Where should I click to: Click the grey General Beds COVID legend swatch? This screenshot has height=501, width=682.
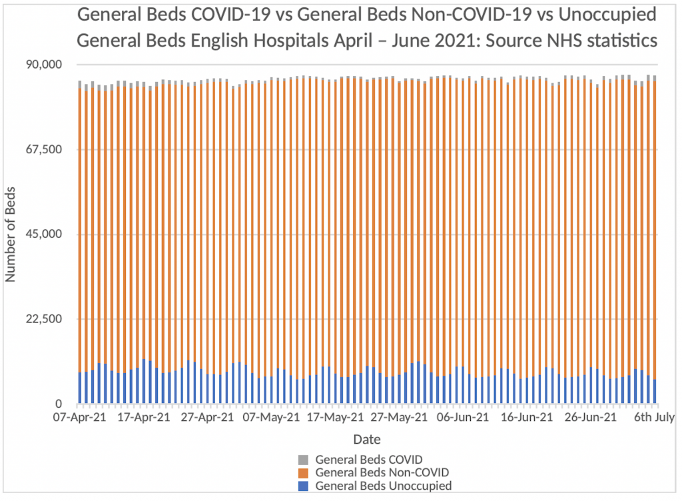(303, 460)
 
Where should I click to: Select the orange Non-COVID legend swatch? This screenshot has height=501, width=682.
(303, 473)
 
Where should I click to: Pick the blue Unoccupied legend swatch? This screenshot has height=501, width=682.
(303, 486)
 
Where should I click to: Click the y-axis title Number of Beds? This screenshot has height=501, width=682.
(12, 235)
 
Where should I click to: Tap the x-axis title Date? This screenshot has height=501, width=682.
(366, 440)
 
